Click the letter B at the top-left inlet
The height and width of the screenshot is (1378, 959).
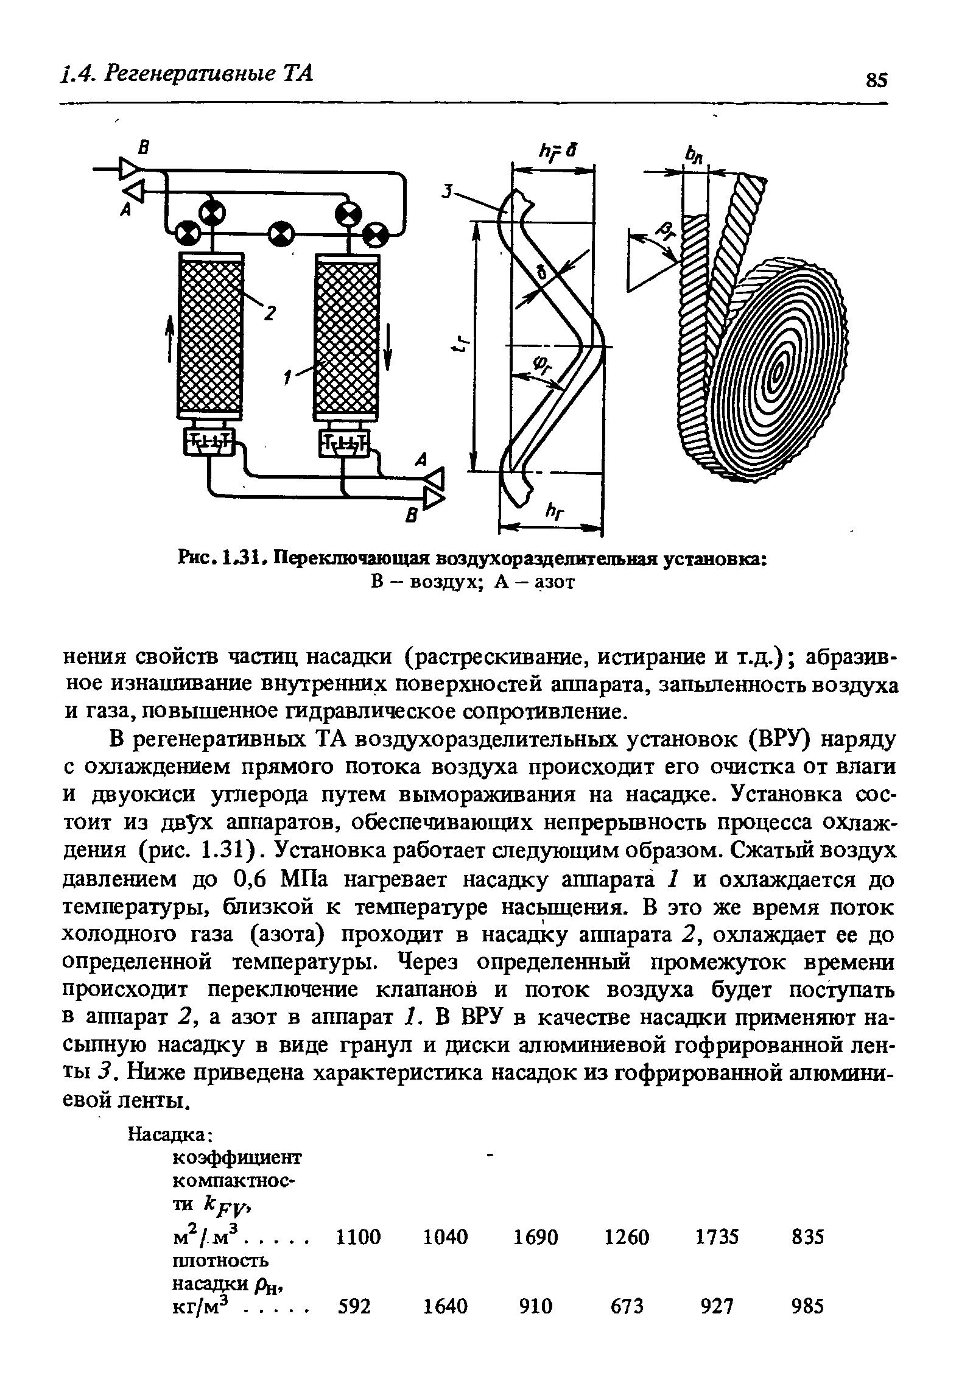coord(144,147)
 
